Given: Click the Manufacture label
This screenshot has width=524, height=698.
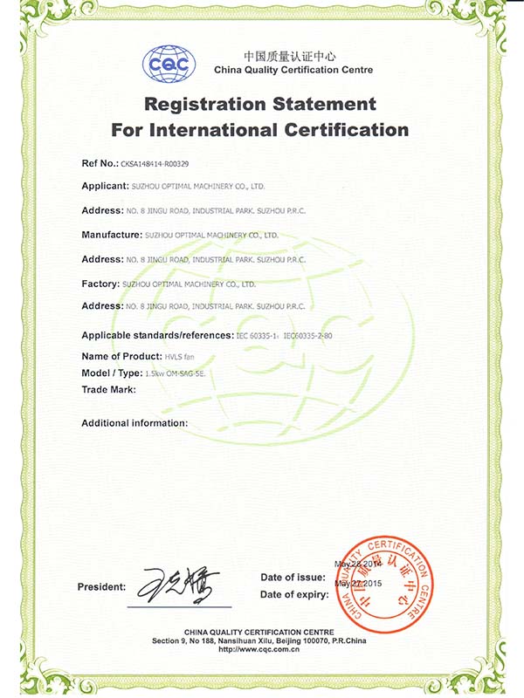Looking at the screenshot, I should tap(112, 235).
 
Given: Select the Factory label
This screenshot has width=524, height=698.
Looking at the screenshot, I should tap(100, 284).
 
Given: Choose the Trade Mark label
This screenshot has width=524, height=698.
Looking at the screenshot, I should tap(108, 389).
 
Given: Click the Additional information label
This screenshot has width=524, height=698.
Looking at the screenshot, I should tap(134, 422).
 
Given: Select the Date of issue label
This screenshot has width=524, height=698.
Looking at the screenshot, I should tap(293, 578).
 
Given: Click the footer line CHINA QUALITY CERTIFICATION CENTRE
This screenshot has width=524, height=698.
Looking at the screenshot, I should tap(261, 631).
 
